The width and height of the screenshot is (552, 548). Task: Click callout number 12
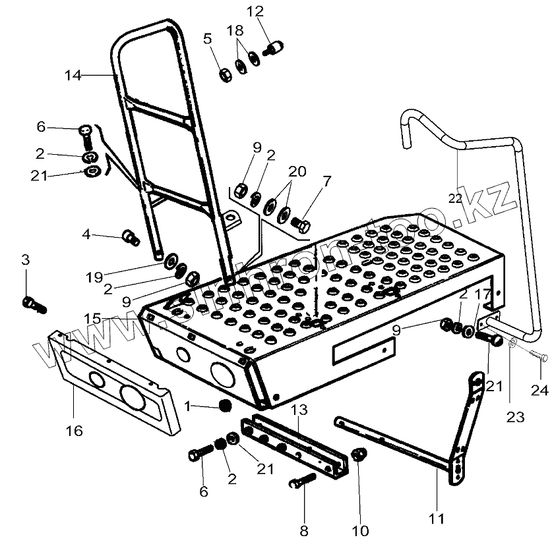tap(255, 11)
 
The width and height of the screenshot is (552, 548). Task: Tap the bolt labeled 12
tap(273, 48)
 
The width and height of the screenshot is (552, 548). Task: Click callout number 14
tap(73, 76)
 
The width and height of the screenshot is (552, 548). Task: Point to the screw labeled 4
tap(131, 236)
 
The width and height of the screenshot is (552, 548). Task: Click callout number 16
tap(74, 431)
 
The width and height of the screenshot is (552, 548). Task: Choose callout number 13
tap(299, 410)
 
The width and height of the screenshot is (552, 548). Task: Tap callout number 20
tap(297, 171)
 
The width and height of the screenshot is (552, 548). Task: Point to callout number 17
tap(483, 294)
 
